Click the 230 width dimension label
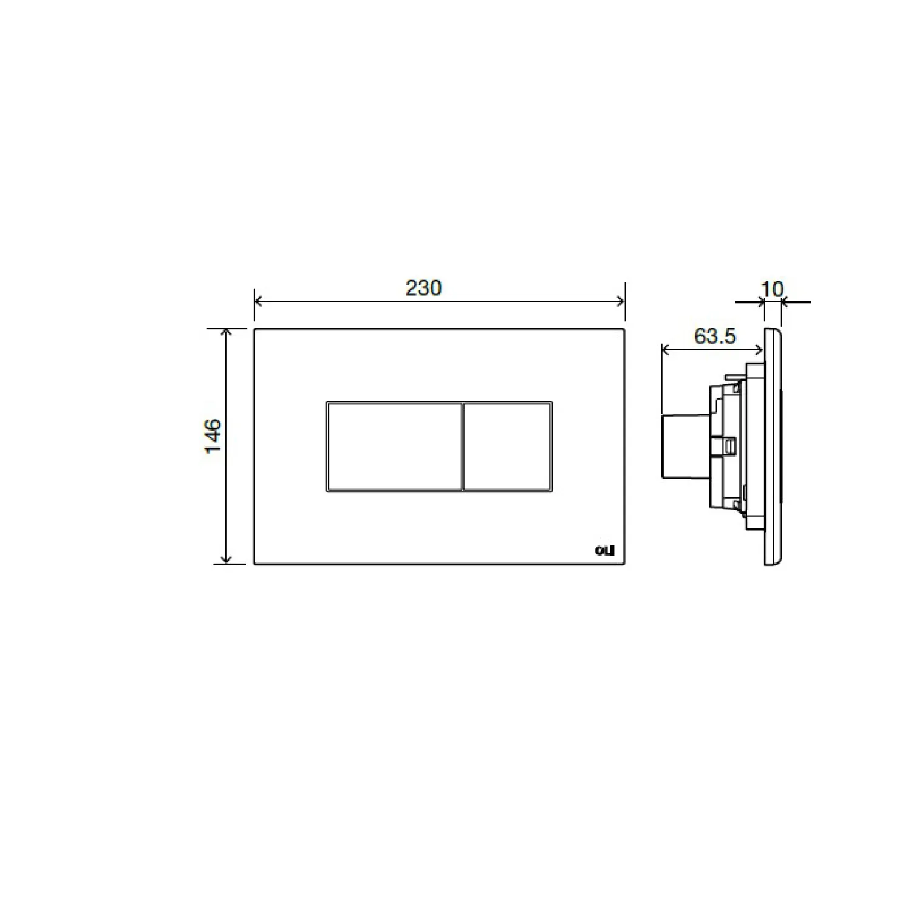point(423,288)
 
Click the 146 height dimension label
point(213,436)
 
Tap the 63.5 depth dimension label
point(715,336)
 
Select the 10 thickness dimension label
point(772,289)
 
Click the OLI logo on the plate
point(604,551)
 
